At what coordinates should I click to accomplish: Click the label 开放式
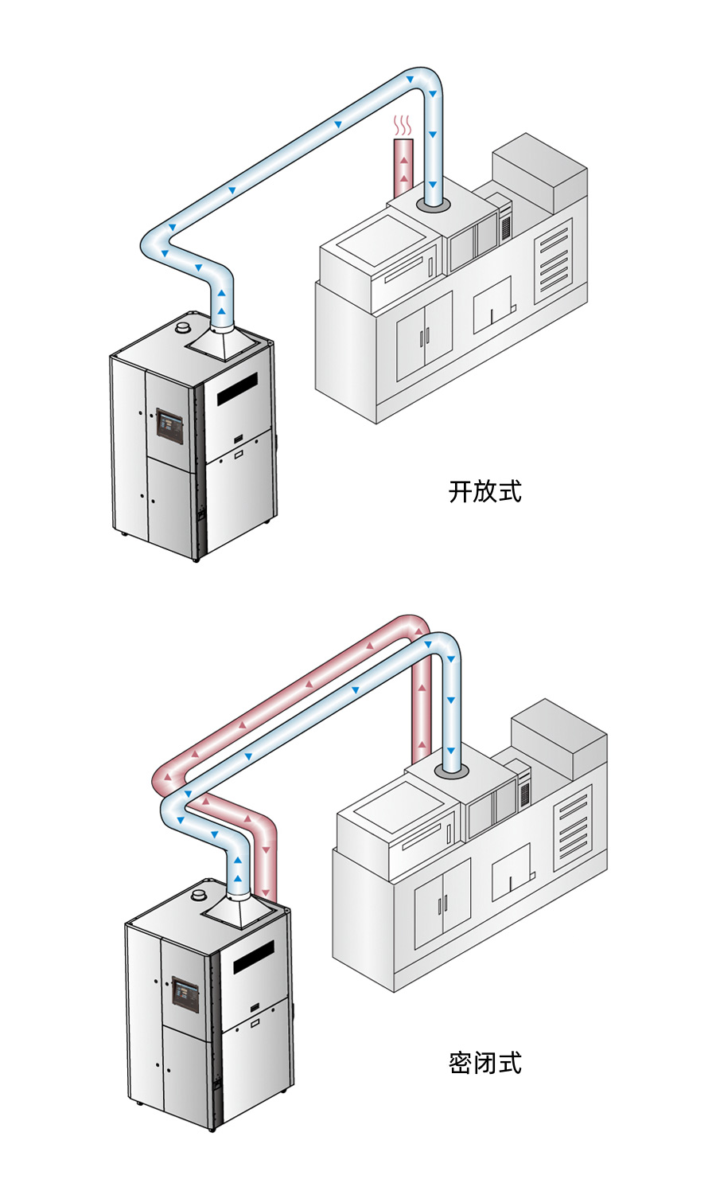[x=484, y=491]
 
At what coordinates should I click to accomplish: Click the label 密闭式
[x=484, y=1063]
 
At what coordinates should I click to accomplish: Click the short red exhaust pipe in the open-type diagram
[x=404, y=167]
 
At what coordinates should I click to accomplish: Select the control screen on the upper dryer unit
[x=169, y=425]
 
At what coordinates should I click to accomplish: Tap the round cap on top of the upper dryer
[x=183, y=326]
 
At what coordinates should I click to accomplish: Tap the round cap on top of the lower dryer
[x=199, y=896]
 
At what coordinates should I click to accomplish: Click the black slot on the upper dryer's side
[x=237, y=389]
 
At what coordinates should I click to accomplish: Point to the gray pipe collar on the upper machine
[x=433, y=205]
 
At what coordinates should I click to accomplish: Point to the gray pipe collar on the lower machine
[x=451, y=772]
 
